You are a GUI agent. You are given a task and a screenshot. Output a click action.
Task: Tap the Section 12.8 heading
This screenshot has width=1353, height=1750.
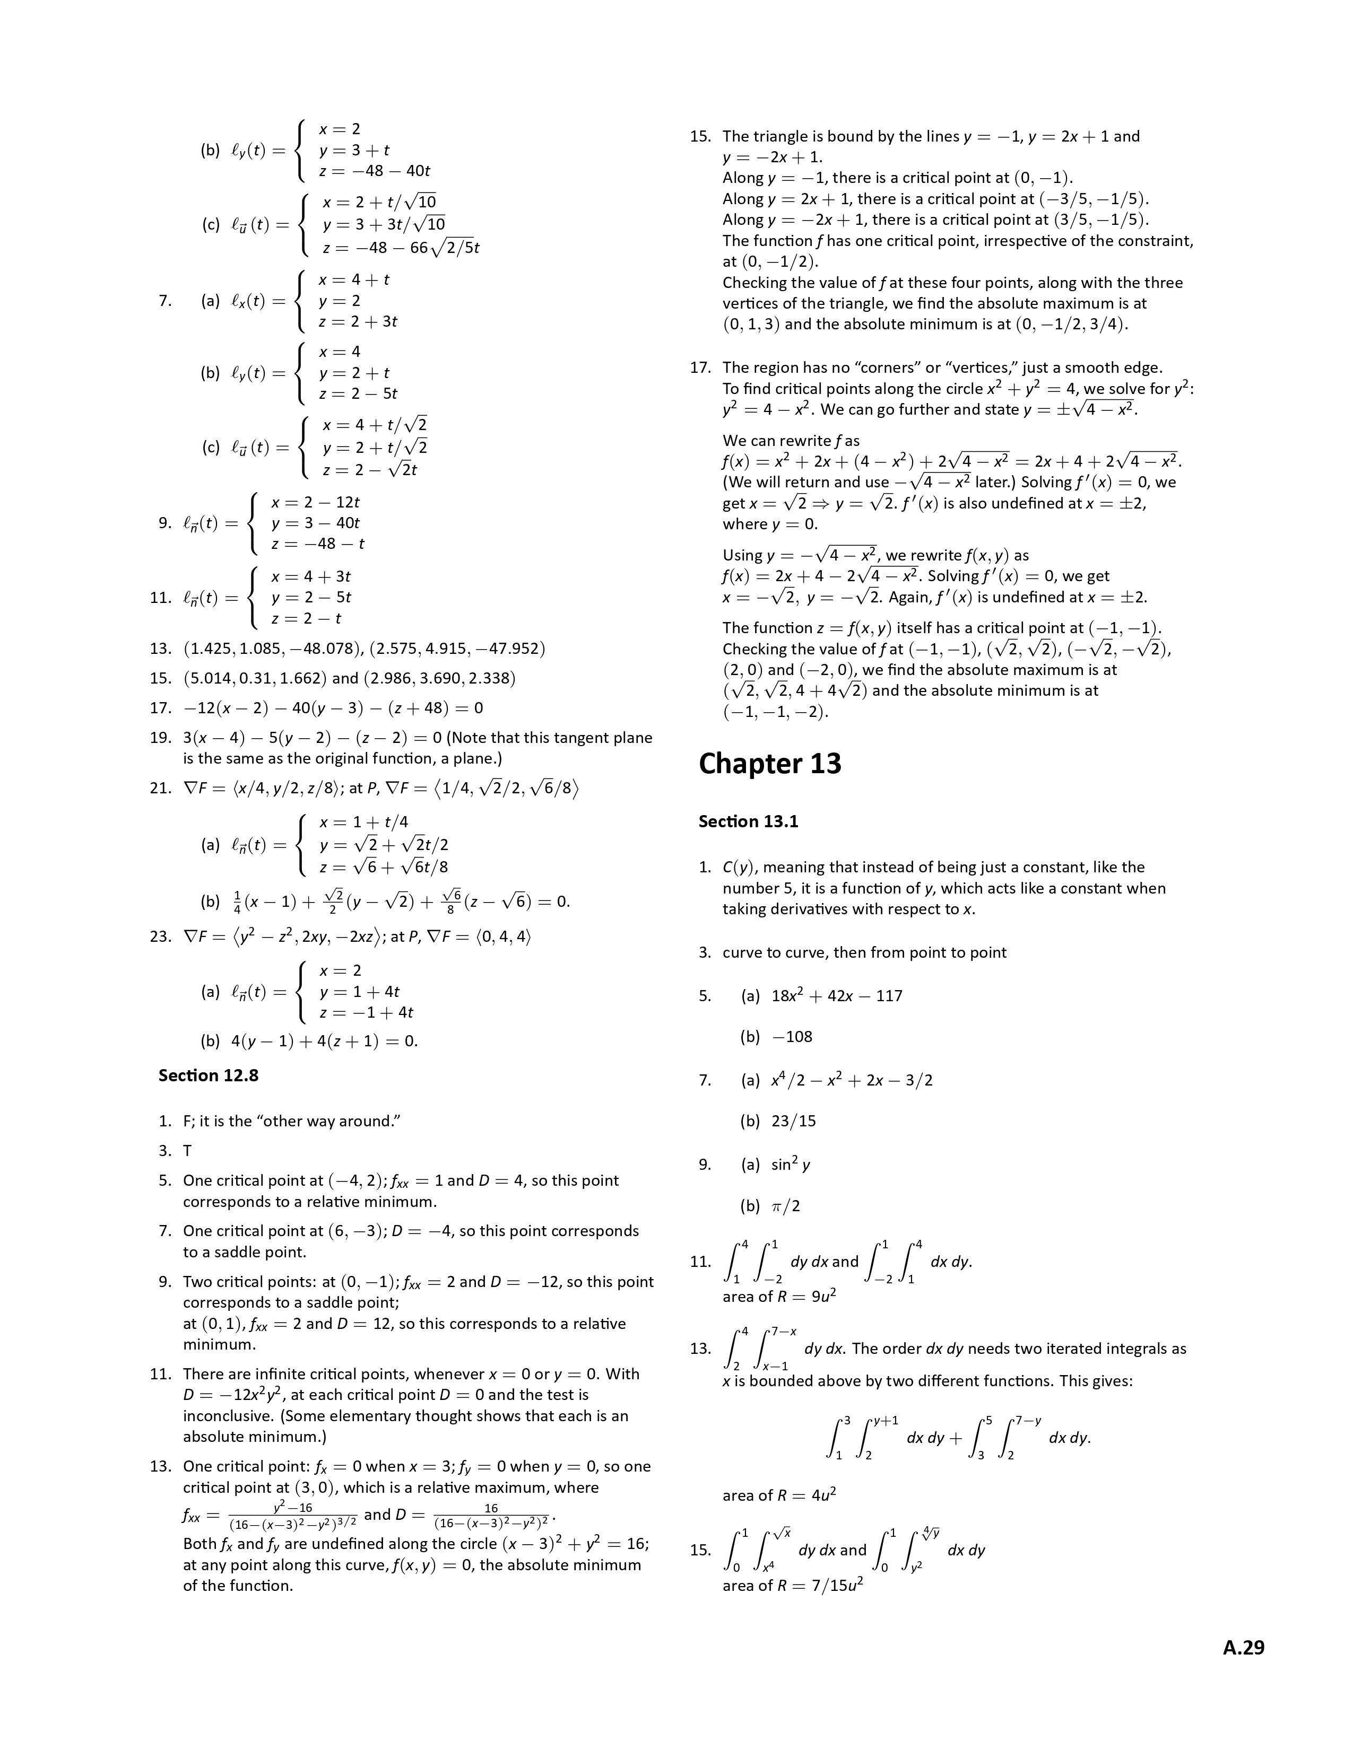[209, 1075]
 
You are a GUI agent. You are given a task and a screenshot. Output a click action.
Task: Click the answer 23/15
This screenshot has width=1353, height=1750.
[794, 1121]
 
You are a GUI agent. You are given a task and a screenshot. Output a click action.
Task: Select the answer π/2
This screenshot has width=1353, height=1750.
[785, 1206]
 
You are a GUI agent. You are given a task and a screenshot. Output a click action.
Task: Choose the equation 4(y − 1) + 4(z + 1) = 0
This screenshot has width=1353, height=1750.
[324, 1041]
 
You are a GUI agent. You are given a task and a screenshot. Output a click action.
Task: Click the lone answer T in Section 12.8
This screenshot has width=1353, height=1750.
[187, 1151]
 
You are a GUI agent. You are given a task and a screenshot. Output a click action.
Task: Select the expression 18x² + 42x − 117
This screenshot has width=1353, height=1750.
[837, 996]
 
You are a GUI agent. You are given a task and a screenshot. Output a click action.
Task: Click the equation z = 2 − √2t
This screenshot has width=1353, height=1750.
[369, 469]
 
